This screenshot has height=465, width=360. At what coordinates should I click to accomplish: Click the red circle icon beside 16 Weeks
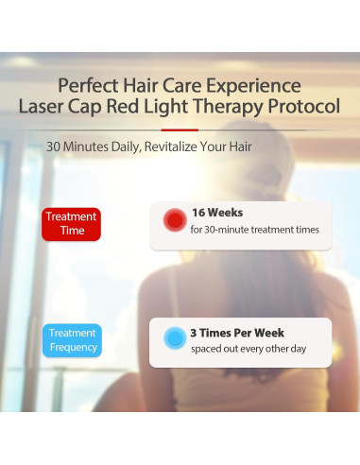click(x=174, y=221)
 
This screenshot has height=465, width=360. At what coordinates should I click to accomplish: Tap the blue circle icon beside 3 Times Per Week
click(x=174, y=338)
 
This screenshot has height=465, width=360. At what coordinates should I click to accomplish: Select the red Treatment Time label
click(x=71, y=223)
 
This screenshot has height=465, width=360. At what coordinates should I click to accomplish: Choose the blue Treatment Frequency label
click(x=72, y=340)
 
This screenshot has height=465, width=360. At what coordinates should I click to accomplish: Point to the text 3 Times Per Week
click(x=237, y=333)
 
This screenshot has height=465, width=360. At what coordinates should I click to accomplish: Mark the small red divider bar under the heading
click(x=180, y=129)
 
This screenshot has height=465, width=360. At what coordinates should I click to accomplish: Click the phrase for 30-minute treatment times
click(x=253, y=230)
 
